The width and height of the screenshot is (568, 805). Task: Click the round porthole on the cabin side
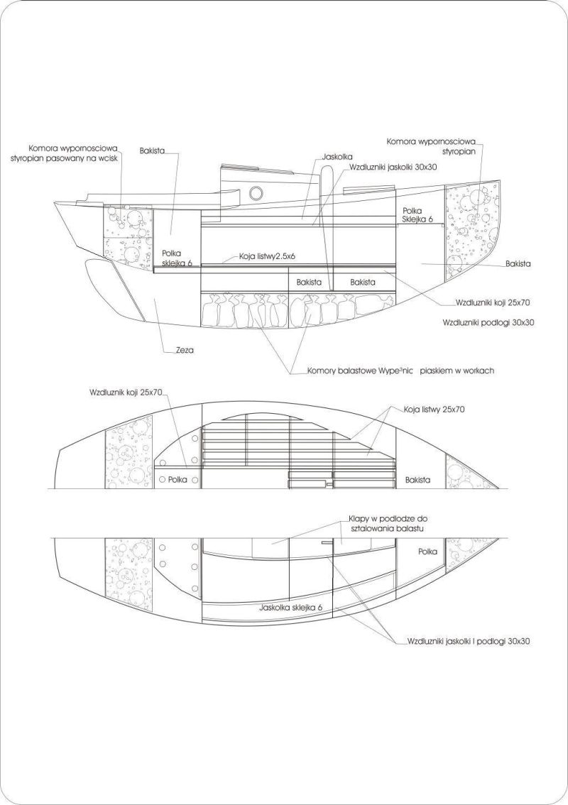pos(256,193)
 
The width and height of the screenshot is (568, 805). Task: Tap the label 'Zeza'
pos(185,351)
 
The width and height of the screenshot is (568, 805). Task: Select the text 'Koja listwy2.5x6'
pos(267,256)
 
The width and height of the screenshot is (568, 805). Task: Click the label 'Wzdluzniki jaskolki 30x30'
pos(393,167)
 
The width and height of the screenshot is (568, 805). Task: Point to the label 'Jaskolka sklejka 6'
pos(291,608)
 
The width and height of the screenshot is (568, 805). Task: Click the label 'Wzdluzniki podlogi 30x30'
pos(488,323)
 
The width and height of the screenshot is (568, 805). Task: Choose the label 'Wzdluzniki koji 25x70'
pos(493,303)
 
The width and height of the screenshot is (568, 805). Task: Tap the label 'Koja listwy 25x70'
pos(434,410)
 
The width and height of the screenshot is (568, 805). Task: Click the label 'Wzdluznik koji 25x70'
pos(126,393)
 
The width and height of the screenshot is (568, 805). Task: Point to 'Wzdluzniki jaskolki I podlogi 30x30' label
pos(469,641)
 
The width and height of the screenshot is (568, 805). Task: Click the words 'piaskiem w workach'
pos(457,370)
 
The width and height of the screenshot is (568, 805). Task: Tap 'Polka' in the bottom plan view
pos(428,552)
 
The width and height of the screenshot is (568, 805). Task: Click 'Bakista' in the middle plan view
pos(417,480)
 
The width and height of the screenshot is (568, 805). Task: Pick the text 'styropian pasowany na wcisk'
pos(64,158)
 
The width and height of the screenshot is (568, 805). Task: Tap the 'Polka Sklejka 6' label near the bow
pos(417,214)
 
